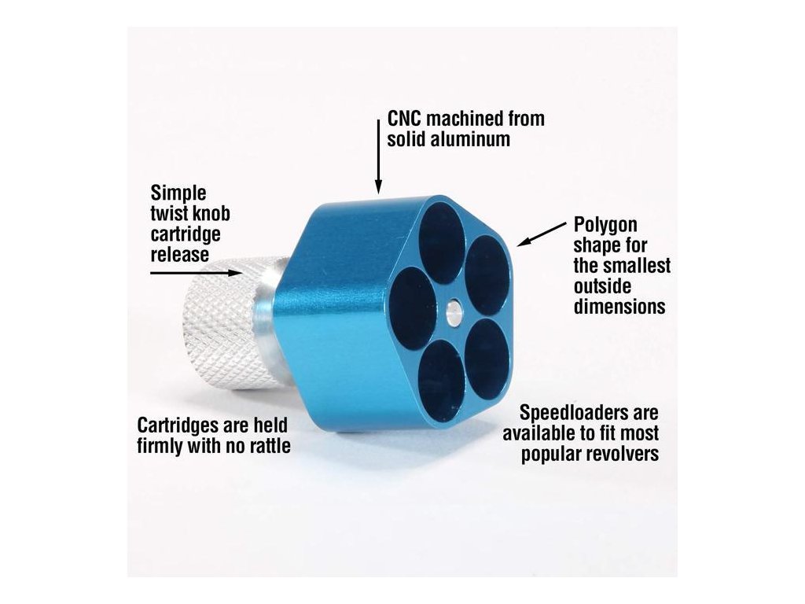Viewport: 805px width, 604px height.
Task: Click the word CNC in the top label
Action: [x=407, y=120]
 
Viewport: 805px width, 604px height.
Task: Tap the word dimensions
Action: [x=619, y=307]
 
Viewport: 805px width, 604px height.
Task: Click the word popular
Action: [x=550, y=455]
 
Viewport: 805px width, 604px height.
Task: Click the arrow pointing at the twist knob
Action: [x=197, y=272]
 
